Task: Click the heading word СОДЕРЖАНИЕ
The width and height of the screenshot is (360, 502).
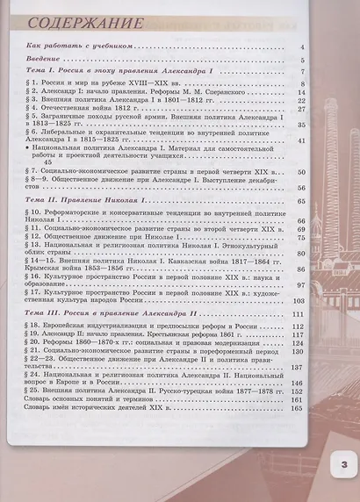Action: pyautogui.click(x=83, y=18)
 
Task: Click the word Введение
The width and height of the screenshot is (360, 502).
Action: pyautogui.click(x=41, y=58)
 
